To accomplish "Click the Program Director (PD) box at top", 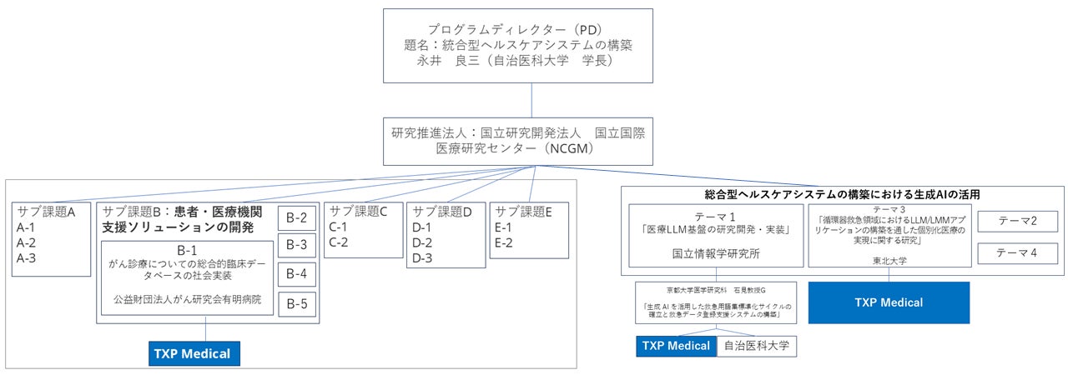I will [518, 46].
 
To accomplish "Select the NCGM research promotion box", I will [517, 141].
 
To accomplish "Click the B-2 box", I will [297, 219].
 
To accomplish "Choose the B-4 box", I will [297, 274].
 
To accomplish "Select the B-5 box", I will [297, 304].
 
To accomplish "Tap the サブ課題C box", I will [363, 229].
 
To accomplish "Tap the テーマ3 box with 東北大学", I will [889, 236].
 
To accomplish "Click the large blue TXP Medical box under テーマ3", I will [889, 302].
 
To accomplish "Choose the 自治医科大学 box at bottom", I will [756, 346].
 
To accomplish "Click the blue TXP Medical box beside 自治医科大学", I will [676, 346].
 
